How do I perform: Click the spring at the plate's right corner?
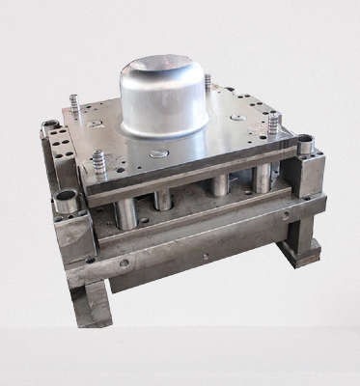pos(273,124)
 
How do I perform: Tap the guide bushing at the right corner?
pos(306,148)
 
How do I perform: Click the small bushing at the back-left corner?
pos(50,125)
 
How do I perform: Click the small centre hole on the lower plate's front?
pos(204,256)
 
